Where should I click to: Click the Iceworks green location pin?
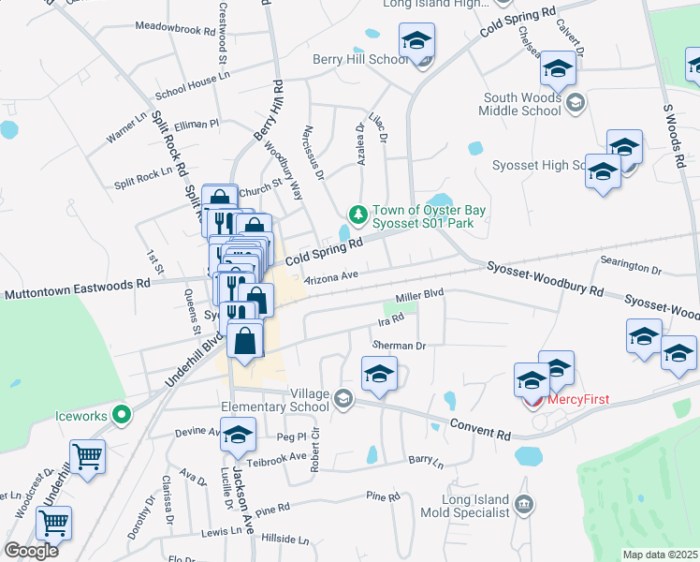(x=120, y=413)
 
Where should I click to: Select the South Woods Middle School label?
(x=520, y=104)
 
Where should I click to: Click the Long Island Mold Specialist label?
(x=463, y=506)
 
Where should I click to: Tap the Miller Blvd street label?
(x=418, y=295)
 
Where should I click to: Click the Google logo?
(x=31, y=551)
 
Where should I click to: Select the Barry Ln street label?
(x=425, y=461)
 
